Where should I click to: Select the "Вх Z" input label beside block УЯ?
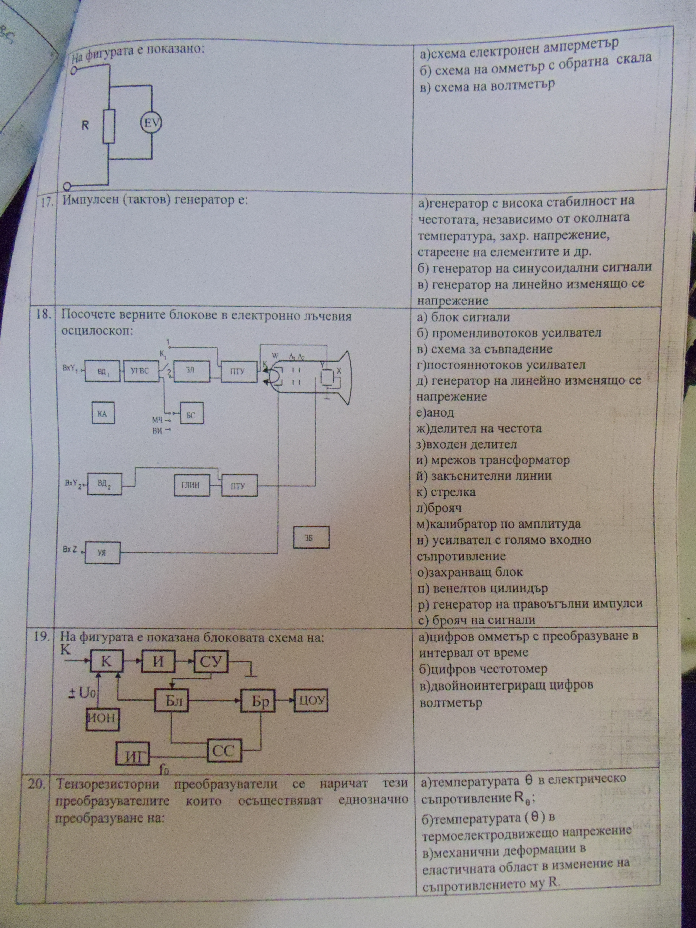70,549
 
